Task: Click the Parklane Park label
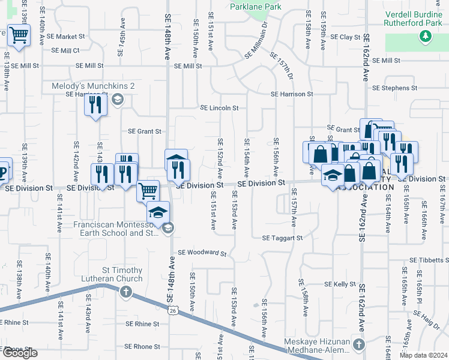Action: point(256,7)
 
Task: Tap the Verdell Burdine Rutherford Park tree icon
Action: point(426,37)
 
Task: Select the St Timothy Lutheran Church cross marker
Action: point(125,292)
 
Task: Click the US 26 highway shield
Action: point(173,311)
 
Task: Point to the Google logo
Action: point(20,353)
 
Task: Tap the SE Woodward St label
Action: point(202,253)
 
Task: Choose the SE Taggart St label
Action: point(282,238)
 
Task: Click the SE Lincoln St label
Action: point(220,109)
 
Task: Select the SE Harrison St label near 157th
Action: point(292,94)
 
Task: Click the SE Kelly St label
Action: point(340,284)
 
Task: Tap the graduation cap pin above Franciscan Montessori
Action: point(158,212)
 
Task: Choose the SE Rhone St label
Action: point(143,347)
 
